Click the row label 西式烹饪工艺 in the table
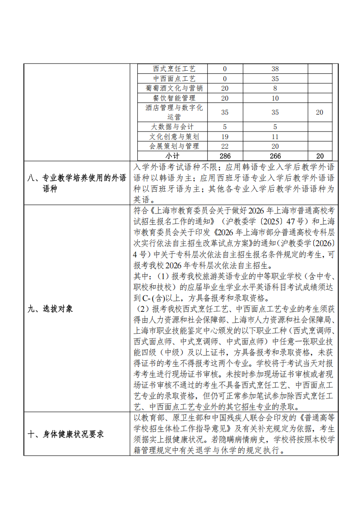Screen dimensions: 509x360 point(174,69)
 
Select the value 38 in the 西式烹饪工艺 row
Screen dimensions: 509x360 point(275,69)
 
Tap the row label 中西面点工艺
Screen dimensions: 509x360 point(174,78)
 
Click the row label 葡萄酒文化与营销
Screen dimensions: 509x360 point(174,88)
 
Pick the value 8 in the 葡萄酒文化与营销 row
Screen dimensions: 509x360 point(275,88)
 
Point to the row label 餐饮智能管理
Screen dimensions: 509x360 point(174,98)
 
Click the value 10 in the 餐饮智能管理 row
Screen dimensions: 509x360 point(275,98)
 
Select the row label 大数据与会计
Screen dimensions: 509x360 point(174,127)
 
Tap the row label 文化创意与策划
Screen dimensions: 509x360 point(174,136)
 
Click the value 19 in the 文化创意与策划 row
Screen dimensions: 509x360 point(225,136)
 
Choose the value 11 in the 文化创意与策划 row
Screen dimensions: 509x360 point(275,136)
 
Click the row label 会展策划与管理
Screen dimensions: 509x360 point(174,146)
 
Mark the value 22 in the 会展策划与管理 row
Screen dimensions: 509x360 point(225,146)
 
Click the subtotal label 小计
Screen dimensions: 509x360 point(174,155)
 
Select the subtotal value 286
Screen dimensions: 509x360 point(225,155)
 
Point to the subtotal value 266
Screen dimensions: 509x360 point(275,155)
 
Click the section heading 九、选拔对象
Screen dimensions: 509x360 point(50,309)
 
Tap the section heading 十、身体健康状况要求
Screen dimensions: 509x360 point(66,434)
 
